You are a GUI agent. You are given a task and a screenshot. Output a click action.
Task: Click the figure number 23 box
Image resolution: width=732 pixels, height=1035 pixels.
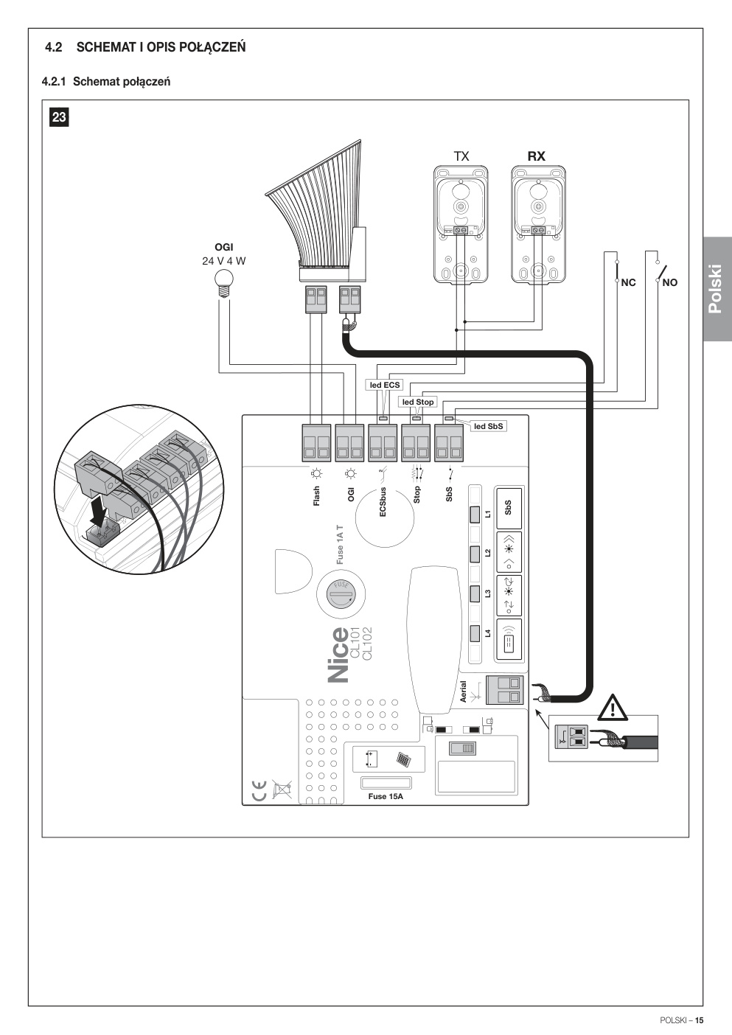pyautogui.click(x=59, y=117)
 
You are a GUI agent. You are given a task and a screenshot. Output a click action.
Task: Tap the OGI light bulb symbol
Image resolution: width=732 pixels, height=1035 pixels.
pyautogui.click(x=223, y=282)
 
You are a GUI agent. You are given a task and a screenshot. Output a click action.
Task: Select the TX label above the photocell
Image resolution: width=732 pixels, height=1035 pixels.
pyautogui.click(x=461, y=156)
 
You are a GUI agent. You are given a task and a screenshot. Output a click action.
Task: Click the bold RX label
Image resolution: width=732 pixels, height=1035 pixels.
pyautogui.click(x=537, y=156)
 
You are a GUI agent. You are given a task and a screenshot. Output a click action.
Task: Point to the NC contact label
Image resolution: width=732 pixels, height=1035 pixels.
pyautogui.click(x=629, y=282)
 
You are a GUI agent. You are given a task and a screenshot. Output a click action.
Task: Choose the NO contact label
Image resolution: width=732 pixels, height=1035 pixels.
pyautogui.click(x=669, y=282)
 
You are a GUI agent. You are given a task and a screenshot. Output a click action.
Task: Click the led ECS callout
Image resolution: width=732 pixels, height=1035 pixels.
pyautogui.click(x=385, y=385)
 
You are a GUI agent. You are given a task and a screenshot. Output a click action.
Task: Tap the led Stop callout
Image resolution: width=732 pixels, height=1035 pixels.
pyautogui.click(x=418, y=402)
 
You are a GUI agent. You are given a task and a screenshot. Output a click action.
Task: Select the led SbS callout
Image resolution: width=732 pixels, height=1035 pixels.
pyautogui.click(x=489, y=426)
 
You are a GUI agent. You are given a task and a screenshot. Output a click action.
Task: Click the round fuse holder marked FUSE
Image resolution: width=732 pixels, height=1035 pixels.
pyautogui.click(x=341, y=593)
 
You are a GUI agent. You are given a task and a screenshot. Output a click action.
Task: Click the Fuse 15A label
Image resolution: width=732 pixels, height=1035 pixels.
pyautogui.click(x=386, y=796)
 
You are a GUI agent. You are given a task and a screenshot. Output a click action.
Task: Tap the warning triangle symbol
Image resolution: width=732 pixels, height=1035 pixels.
pyautogui.click(x=613, y=708)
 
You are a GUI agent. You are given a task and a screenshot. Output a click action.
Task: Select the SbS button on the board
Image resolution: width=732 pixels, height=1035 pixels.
pyautogui.click(x=509, y=508)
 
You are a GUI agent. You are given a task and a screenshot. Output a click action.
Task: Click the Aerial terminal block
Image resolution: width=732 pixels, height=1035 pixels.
pyautogui.click(x=505, y=690)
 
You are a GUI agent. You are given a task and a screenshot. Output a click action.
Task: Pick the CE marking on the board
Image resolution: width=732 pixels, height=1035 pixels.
pyautogui.click(x=259, y=790)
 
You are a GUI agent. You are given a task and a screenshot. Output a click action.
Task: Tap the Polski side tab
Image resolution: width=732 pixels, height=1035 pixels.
pyautogui.click(x=717, y=289)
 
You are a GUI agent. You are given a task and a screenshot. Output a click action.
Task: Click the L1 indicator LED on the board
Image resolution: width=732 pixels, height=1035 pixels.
pyautogui.click(x=475, y=515)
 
